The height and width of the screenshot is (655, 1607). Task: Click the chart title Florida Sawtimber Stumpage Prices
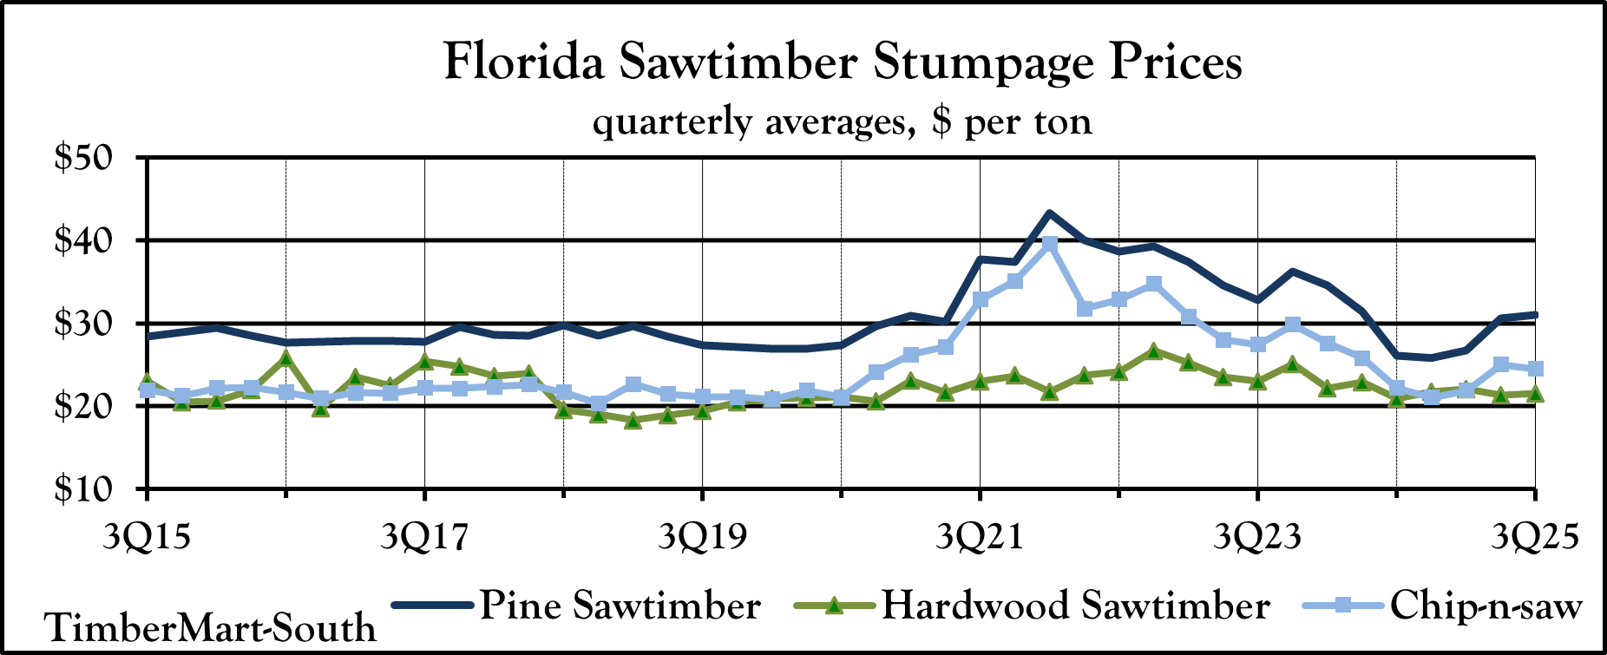(x=843, y=62)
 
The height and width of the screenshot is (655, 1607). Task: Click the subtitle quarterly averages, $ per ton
(x=843, y=121)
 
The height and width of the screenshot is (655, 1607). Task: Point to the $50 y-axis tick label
(x=83, y=159)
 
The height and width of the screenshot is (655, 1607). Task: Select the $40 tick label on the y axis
(x=83, y=240)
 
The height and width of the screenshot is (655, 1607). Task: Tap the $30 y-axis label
(x=83, y=324)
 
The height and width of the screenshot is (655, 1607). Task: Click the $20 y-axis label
(x=83, y=406)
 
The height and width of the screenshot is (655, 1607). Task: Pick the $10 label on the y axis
(x=83, y=489)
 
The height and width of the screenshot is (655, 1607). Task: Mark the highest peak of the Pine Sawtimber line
(x=1049, y=213)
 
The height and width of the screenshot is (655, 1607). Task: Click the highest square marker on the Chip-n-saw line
(x=1049, y=244)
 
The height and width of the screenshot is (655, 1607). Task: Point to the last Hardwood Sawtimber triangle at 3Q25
(x=1535, y=394)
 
